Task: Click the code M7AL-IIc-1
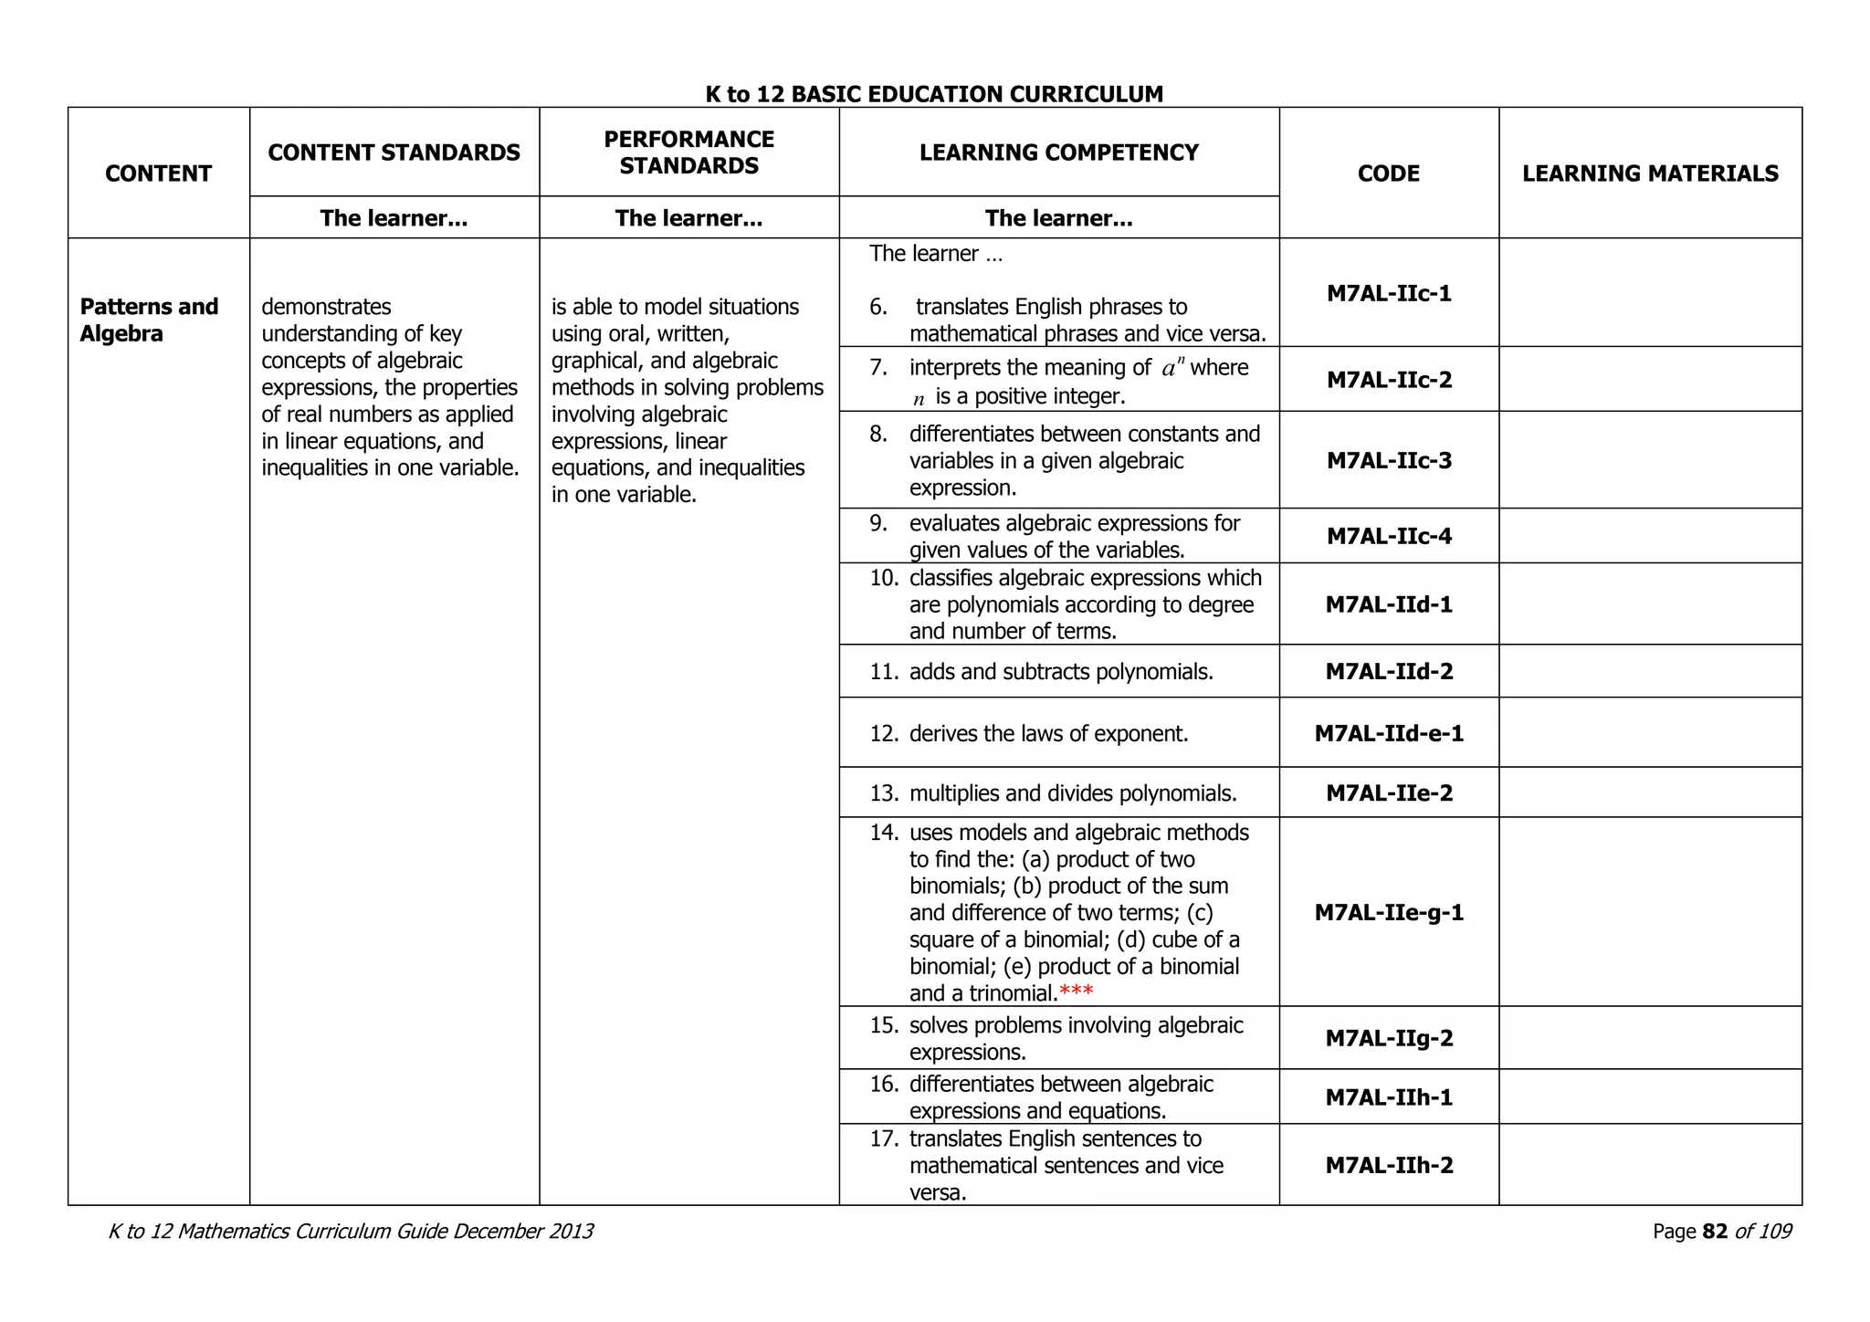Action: [x=1388, y=293]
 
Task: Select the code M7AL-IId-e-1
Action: [x=1388, y=733]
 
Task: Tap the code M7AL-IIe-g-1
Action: [x=1388, y=912]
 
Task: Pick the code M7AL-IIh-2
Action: [x=1388, y=1165]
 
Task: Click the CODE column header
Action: [x=1388, y=173]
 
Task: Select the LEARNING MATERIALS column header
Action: [x=1649, y=173]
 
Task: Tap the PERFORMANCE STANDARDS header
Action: [x=688, y=152]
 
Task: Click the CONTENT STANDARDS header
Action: [x=394, y=152]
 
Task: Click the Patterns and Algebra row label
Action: [x=149, y=320]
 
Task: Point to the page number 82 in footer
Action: [x=1715, y=1232]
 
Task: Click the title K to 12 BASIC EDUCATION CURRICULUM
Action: [x=934, y=94]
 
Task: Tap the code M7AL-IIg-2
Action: [x=1388, y=1038]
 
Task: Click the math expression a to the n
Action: [x=1172, y=368]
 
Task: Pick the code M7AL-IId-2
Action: [x=1388, y=672]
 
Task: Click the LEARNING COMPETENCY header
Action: [x=1058, y=152]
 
